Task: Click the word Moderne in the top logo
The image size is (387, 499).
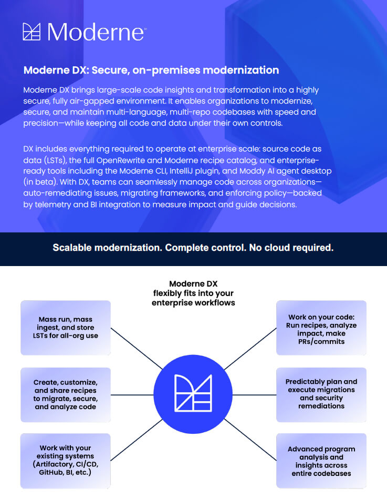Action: pyautogui.click(x=96, y=32)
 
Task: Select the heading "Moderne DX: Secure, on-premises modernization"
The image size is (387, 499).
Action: pyautogui.click(x=151, y=70)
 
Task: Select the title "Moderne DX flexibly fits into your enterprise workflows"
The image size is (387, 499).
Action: pyautogui.click(x=193, y=293)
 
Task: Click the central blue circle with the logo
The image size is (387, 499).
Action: pyautogui.click(x=193, y=394)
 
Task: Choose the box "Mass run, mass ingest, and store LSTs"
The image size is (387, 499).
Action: pyautogui.click(x=66, y=327)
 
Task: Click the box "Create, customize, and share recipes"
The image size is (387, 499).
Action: pyautogui.click(x=66, y=394)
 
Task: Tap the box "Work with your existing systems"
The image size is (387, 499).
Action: pyautogui.click(x=66, y=461)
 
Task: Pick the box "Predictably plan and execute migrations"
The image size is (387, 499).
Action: pyautogui.click(x=321, y=394)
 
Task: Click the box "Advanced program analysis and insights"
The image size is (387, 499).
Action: pyautogui.click(x=321, y=461)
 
